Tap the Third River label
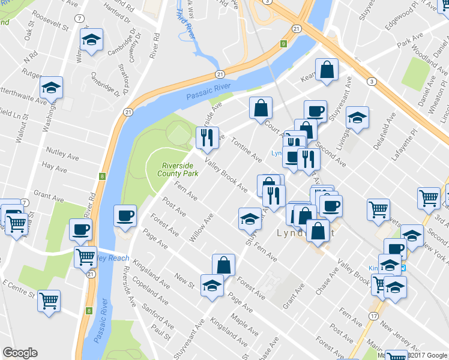tap(186, 23)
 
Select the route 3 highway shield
tap(373, 82)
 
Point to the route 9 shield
tap(283, 44)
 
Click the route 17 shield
tap(373, 316)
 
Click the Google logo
tap(20, 352)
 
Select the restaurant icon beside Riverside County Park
tap(207, 138)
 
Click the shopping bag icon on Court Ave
tap(261, 109)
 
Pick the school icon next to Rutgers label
tap(52, 88)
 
